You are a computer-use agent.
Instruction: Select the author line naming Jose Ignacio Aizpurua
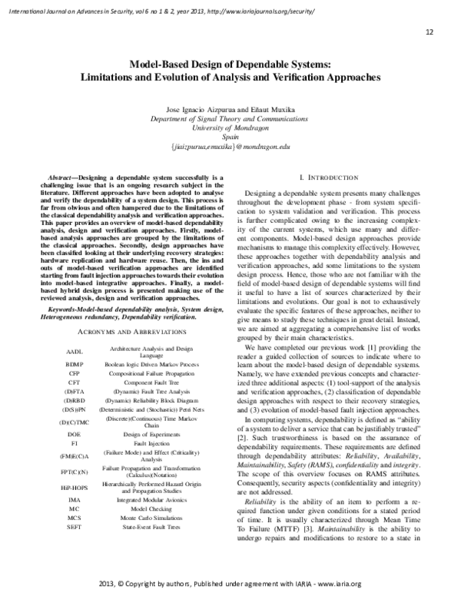coord(230,111)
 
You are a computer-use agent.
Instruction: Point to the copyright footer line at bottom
coord(230,584)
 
